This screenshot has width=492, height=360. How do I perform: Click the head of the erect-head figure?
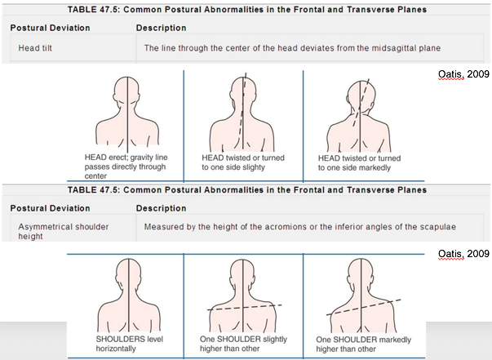129,88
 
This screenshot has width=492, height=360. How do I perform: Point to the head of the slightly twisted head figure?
242,89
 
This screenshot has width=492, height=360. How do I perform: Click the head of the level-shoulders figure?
129,273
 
